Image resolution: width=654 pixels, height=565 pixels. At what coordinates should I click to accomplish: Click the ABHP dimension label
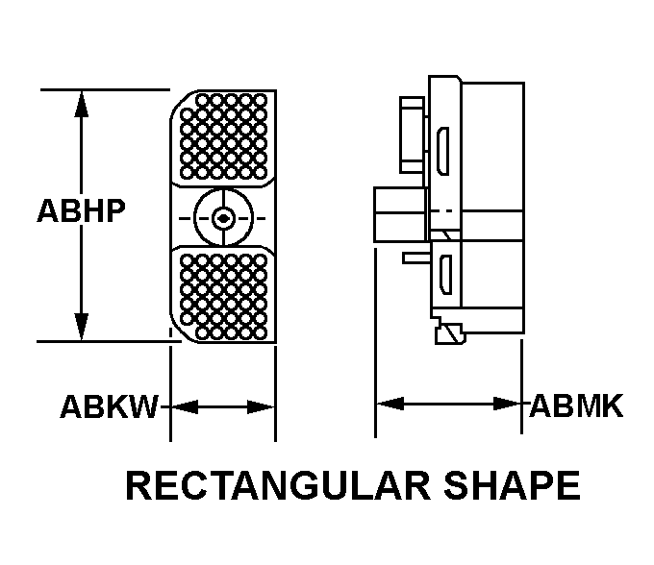(82, 210)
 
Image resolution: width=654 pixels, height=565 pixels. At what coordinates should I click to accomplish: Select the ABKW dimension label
(110, 406)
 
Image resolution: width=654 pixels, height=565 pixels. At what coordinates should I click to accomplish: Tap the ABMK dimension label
(576, 405)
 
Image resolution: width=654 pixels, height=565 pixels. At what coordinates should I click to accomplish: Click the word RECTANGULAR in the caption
(278, 485)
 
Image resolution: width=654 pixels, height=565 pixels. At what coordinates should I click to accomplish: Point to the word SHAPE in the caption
(512, 485)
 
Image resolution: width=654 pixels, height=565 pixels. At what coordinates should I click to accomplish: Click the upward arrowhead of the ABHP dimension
(82, 104)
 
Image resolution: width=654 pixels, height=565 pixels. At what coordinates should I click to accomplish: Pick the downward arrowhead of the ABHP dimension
(82, 327)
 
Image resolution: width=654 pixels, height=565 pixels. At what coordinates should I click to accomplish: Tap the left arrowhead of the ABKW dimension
(185, 406)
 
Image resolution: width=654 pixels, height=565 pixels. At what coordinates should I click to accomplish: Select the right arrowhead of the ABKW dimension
(261, 406)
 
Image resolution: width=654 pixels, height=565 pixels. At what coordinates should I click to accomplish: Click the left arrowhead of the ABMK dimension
(390, 404)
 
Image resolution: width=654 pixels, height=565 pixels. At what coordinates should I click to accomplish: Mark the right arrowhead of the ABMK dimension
(507, 404)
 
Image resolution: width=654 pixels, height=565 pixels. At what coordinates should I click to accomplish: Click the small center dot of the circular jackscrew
(224, 218)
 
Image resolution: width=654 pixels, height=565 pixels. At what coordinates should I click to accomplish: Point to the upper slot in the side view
(443, 151)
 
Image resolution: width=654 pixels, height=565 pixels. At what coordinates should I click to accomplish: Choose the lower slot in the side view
(446, 275)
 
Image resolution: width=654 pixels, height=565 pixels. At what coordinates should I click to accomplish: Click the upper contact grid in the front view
(224, 136)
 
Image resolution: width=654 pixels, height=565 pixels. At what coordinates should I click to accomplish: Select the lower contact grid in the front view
(224, 297)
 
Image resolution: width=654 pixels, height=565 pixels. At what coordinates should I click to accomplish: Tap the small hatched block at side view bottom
(450, 334)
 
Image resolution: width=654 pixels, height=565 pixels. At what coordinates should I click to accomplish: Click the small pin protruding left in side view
(416, 258)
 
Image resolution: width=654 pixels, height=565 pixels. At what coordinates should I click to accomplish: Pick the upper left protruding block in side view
(412, 135)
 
